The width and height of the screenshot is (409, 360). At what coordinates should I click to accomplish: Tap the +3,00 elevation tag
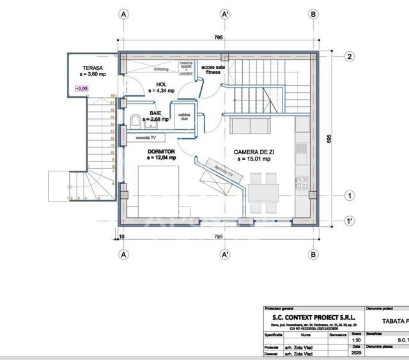pyautogui.click(x=82, y=89)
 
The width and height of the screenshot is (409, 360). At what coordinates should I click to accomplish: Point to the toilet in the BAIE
pyautogui.click(x=135, y=121)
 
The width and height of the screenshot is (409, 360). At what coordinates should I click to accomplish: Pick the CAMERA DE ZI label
pyautogui.click(x=254, y=152)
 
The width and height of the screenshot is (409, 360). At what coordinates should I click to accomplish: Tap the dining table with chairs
pyautogui.click(x=263, y=193)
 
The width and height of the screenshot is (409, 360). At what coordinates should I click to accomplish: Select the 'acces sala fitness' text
pyautogui.click(x=211, y=69)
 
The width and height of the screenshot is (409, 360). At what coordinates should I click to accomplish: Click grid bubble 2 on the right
pyautogui.click(x=349, y=56)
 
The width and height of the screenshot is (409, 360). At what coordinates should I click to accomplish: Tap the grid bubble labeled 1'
pyautogui.click(x=349, y=221)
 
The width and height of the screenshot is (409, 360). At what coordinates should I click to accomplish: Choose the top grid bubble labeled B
pyautogui.click(x=313, y=14)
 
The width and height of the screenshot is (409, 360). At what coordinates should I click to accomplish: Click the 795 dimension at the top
pyautogui.click(x=219, y=38)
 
